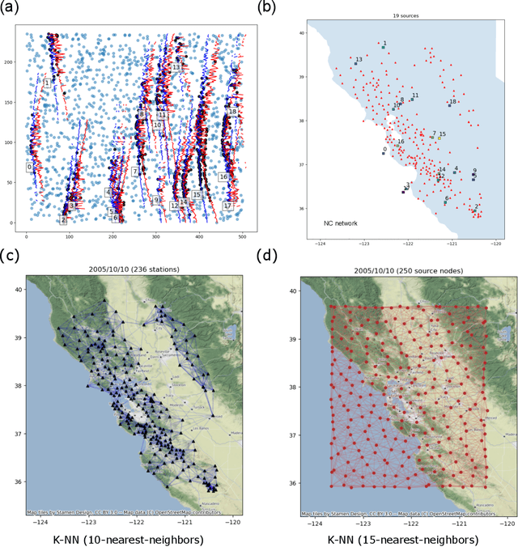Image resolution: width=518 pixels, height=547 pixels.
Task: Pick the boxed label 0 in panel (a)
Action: [x=29, y=167]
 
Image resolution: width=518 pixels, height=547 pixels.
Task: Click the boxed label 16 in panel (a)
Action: [x=223, y=176]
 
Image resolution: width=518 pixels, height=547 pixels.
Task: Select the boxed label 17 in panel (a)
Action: [x=228, y=206]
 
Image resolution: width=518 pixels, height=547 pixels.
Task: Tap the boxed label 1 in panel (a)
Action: [x=47, y=83]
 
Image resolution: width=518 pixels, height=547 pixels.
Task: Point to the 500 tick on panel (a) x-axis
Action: [x=243, y=237]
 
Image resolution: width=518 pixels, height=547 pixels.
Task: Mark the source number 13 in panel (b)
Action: [x=359, y=59]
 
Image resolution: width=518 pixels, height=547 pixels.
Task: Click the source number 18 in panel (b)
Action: [x=453, y=101]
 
